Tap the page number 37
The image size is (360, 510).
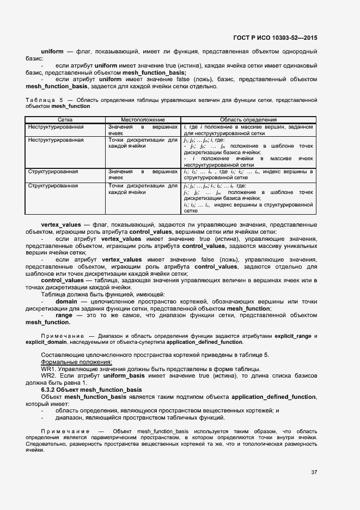click(314, 471)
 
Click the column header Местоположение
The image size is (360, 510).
click(142, 119)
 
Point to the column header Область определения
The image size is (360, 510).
click(248, 119)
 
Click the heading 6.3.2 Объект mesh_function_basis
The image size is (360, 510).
click(91, 390)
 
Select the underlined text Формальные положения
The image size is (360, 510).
click(76, 362)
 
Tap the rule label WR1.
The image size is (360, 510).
click(48, 369)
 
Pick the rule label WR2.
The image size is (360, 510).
click(48, 376)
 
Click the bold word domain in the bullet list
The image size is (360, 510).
click(66, 301)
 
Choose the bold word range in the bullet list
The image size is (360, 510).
click(64, 315)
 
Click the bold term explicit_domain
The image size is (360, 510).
click(46, 342)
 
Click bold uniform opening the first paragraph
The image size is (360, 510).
click(52, 51)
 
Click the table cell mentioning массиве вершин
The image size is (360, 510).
click(248, 129)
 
